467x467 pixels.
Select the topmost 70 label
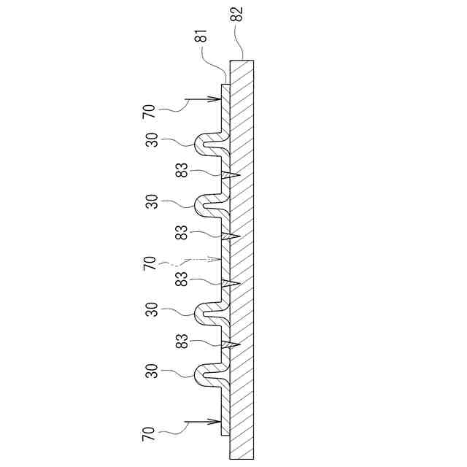click(149, 112)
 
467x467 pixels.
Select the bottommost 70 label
click(149, 438)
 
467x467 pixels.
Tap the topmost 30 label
click(152, 139)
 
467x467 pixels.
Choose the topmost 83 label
click(182, 169)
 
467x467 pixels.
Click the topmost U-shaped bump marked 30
click(207, 144)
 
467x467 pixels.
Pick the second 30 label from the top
click(152, 201)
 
